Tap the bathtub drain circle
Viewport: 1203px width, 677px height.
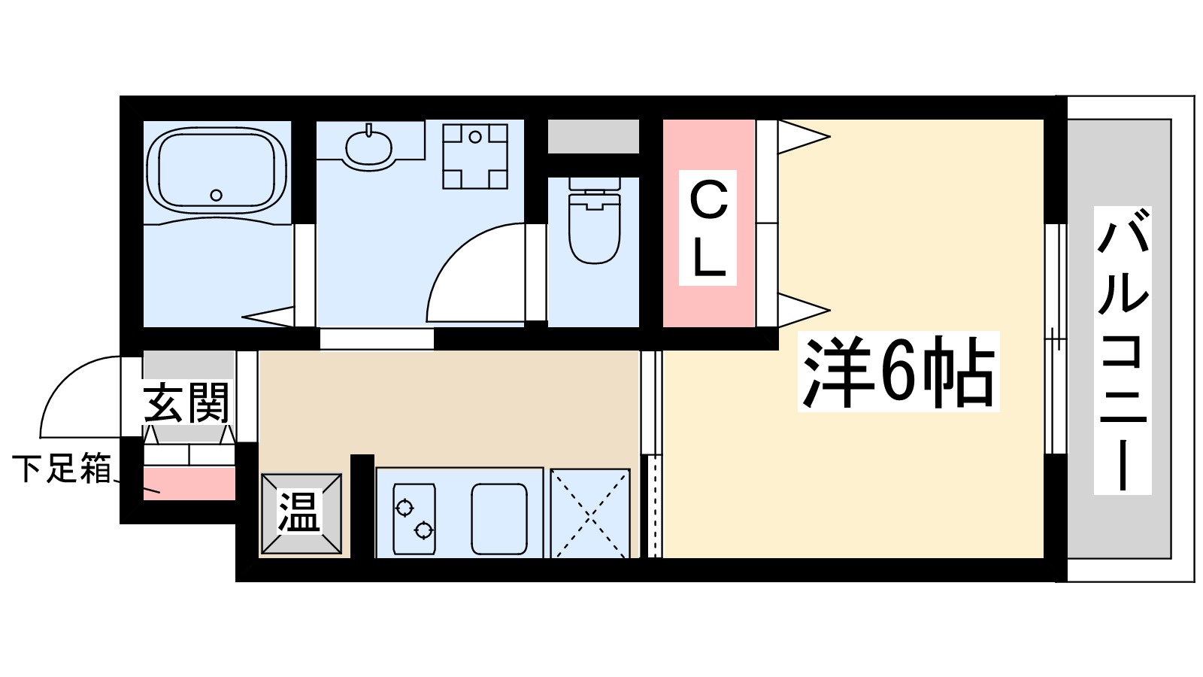(x=217, y=195)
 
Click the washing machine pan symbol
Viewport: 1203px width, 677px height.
(x=474, y=156)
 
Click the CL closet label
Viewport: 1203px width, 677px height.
(x=708, y=229)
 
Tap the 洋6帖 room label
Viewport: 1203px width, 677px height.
(x=898, y=372)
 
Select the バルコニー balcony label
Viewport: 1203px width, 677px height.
(x=1122, y=351)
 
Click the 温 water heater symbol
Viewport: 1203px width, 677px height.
(x=300, y=514)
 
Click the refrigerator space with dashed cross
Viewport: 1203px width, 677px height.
(x=590, y=514)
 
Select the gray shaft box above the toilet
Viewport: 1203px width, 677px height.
(x=593, y=136)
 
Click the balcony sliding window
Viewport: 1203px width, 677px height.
(x=1056, y=338)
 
